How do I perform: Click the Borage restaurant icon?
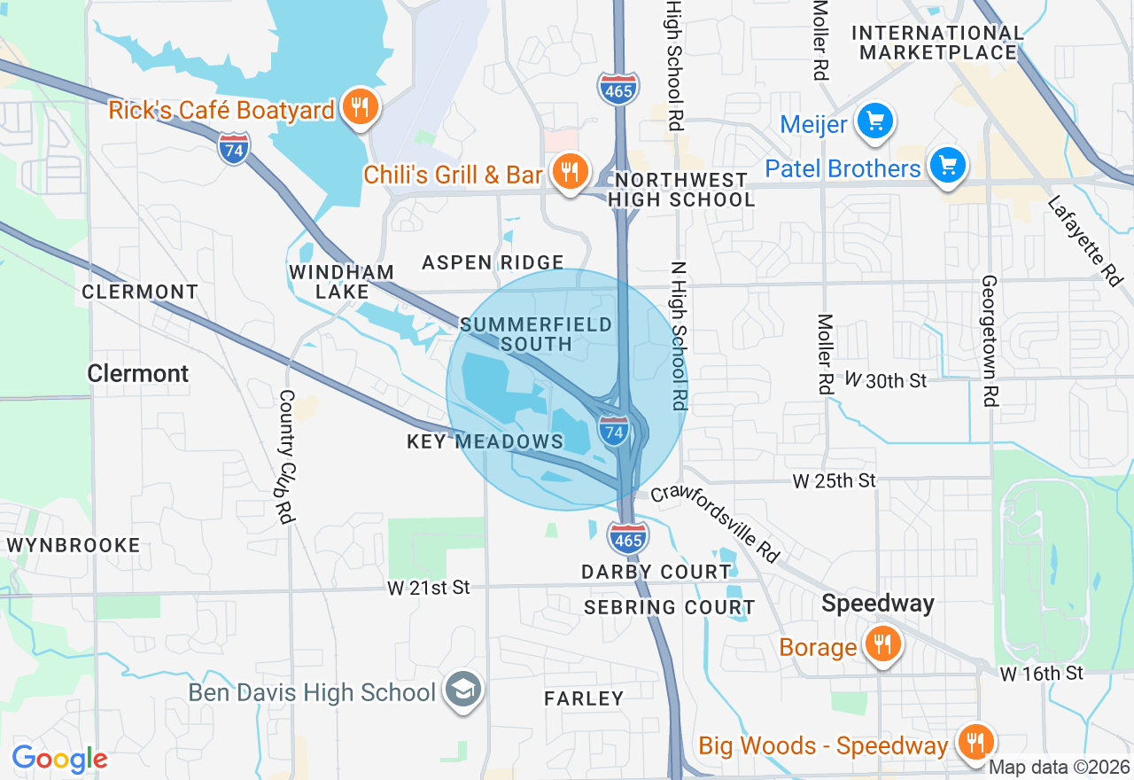pos(881,644)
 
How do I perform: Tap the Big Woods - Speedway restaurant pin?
pos(975,742)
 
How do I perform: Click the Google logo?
pos(59,759)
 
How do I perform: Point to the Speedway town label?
pos(877,604)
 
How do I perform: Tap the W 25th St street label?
pos(834,480)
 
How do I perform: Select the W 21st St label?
pos(428,587)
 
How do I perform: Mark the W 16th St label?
pos(1041,674)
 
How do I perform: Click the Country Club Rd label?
pos(286,456)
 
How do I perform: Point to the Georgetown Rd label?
pos(989,340)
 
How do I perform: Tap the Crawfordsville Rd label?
pos(716,523)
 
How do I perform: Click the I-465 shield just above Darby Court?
pos(627,538)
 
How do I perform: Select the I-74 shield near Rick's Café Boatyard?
pos(233,148)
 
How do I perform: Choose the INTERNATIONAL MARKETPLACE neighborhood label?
pos(938,43)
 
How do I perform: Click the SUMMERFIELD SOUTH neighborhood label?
pos(535,334)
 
